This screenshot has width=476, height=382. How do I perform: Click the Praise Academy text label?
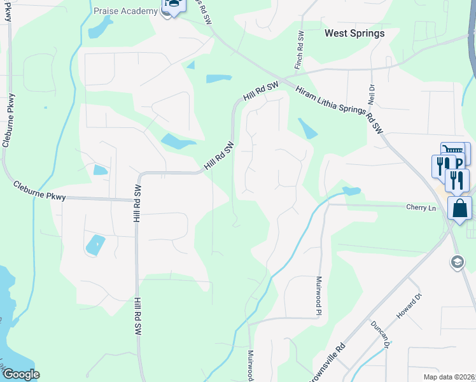point(125,11)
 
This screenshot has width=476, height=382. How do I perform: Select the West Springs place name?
point(354,33)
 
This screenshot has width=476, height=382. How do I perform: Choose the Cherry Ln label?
point(421,207)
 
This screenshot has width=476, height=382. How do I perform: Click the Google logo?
point(21,374)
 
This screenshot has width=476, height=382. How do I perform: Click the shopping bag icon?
point(459,209)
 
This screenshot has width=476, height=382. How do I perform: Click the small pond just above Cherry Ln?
point(351,191)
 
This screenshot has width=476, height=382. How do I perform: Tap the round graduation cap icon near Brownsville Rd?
point(457,262)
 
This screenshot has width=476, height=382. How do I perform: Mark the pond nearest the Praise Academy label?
point(99,27)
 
